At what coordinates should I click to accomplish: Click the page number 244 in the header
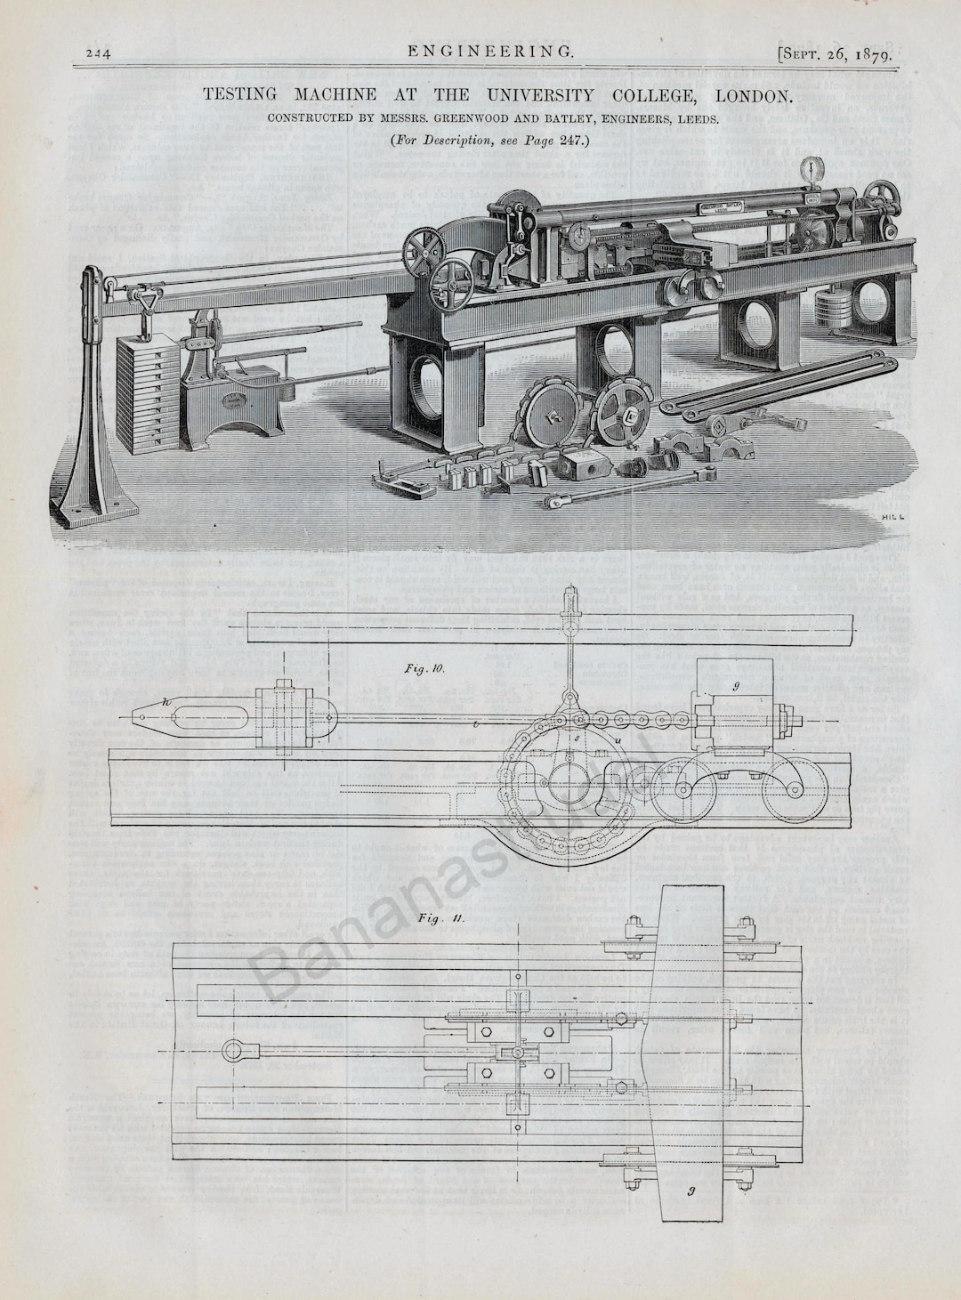(x=97, y=52)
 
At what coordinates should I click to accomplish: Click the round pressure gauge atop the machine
(x=810, y=169)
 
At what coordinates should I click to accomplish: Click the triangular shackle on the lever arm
(x=142, y=302)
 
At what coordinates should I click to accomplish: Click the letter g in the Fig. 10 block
(x=737, y=686)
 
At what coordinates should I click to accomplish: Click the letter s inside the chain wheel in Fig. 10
(x=576, y=738)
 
